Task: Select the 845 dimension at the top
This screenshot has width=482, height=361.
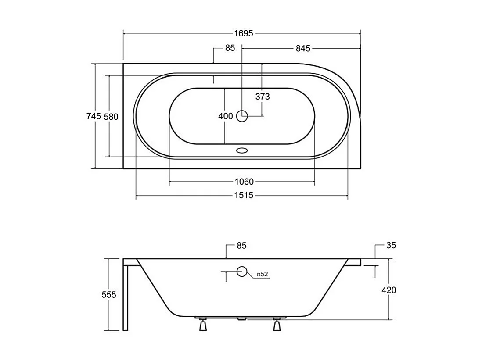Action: (x=302, y=48)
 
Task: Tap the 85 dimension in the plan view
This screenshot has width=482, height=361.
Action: (x=230, y=48)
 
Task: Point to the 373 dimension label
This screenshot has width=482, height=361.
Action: (x=262, y=97)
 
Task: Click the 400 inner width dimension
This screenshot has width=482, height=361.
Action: (x=225, y=116)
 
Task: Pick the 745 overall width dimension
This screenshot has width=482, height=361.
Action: (x=94, y=116)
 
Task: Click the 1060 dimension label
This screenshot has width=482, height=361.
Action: (x=244, y=182)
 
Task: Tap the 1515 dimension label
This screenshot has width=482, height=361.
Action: (x=244, y=196)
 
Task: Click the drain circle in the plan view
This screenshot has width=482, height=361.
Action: (x=242, y=116)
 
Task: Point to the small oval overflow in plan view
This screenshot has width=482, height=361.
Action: (x=242, y=150)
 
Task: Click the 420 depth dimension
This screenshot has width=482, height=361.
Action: (x=389, y=290)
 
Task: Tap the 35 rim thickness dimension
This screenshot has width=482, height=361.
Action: (x=391, y=246)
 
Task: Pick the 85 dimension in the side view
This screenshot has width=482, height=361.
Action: (x=241, y=246)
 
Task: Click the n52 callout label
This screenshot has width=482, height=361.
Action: (x=262, y=274)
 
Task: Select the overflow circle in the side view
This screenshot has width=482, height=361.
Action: (x=242, y=272)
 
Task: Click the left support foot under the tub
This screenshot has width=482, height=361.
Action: (x=203, y=325)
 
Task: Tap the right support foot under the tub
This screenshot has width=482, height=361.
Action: (x=277, y=325)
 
